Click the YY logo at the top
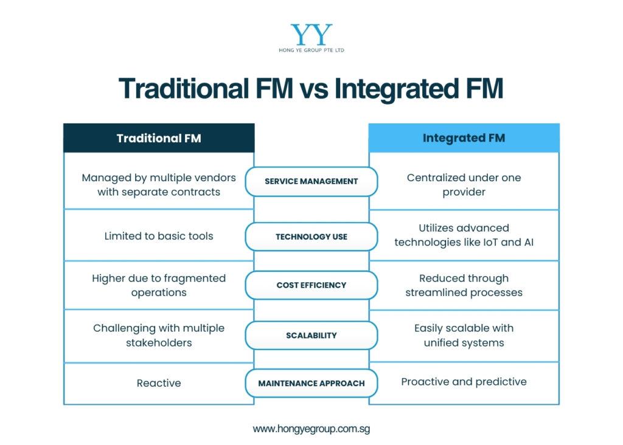coord(311,35)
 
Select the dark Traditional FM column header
coord(159,138)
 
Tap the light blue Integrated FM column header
coord(464,138)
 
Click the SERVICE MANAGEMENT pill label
coord(311,181)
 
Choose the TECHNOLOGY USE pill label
coord(311,236)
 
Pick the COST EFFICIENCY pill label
coord(311,285)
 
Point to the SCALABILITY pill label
coord(311,335)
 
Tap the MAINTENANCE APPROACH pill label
coord(311,384)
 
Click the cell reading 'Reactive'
coord(159,383)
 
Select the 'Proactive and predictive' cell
coord(464,382)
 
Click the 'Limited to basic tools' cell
coord(159,236)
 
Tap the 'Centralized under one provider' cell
coord(464,185)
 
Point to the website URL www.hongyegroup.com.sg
coord(311,429)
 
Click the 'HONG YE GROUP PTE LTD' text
coord(311,50)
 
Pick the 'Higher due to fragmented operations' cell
coord(159,285)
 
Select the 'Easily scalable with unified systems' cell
coord(464,335)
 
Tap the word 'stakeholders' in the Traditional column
coord(159,343)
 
